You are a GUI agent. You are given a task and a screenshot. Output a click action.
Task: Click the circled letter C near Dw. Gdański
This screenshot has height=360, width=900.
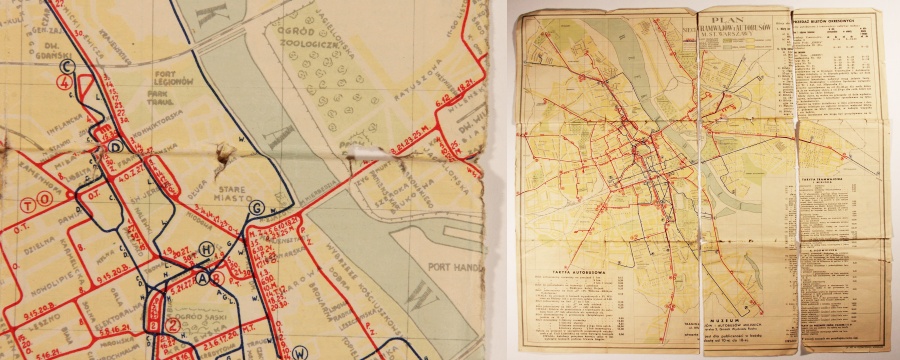pyautogui.click(x=67, y=66)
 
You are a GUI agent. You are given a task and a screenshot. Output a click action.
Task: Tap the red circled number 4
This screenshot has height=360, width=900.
pyautogui.click(x=67, y=85)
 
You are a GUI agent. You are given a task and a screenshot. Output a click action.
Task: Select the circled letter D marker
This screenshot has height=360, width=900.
pyautogui.click(x=115, y=146)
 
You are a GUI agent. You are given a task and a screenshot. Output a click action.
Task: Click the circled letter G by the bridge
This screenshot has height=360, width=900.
pyautogui.click(x=257, y=207)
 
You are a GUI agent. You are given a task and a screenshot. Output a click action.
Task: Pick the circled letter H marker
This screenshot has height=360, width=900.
pyautogui.click(x=207, y=249)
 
